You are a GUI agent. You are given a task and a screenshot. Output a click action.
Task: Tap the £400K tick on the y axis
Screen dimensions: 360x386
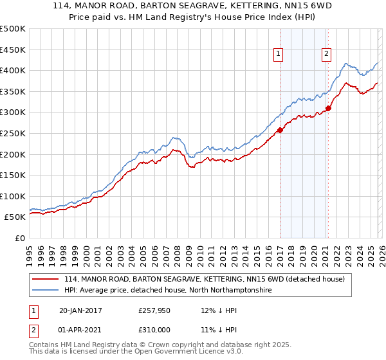13,70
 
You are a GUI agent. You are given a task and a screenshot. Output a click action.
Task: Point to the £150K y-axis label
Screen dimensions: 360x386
13,175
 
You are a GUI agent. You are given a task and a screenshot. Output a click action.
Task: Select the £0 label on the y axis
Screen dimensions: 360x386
19,238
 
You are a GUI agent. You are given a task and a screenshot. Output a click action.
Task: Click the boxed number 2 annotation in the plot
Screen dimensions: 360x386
327,54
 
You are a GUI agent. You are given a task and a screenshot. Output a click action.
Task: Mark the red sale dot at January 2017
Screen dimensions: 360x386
280,130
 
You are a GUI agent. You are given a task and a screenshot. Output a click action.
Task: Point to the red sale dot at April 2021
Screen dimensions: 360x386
328,108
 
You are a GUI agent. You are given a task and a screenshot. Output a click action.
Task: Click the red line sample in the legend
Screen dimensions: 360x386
46,279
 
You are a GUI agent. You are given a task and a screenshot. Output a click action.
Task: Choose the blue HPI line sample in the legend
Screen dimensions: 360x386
46,291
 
